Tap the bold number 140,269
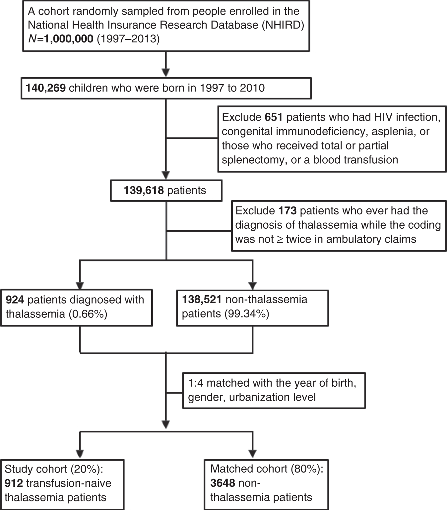pyautogui.click(x=46, y=88)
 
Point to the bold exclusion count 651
pyautogui.click(x=274, y=117)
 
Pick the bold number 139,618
pyautogui.click(x=144, y=191)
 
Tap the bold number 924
pyautogui.click(x=15, y=300)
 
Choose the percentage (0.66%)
pyautogui.click(x=88, y=314)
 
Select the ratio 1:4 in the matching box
pyautogui.click(x=196, y=383)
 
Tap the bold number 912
pyautogui.click(x=14, y=483)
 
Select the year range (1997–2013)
pyautogui.click(x=128, y=39)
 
